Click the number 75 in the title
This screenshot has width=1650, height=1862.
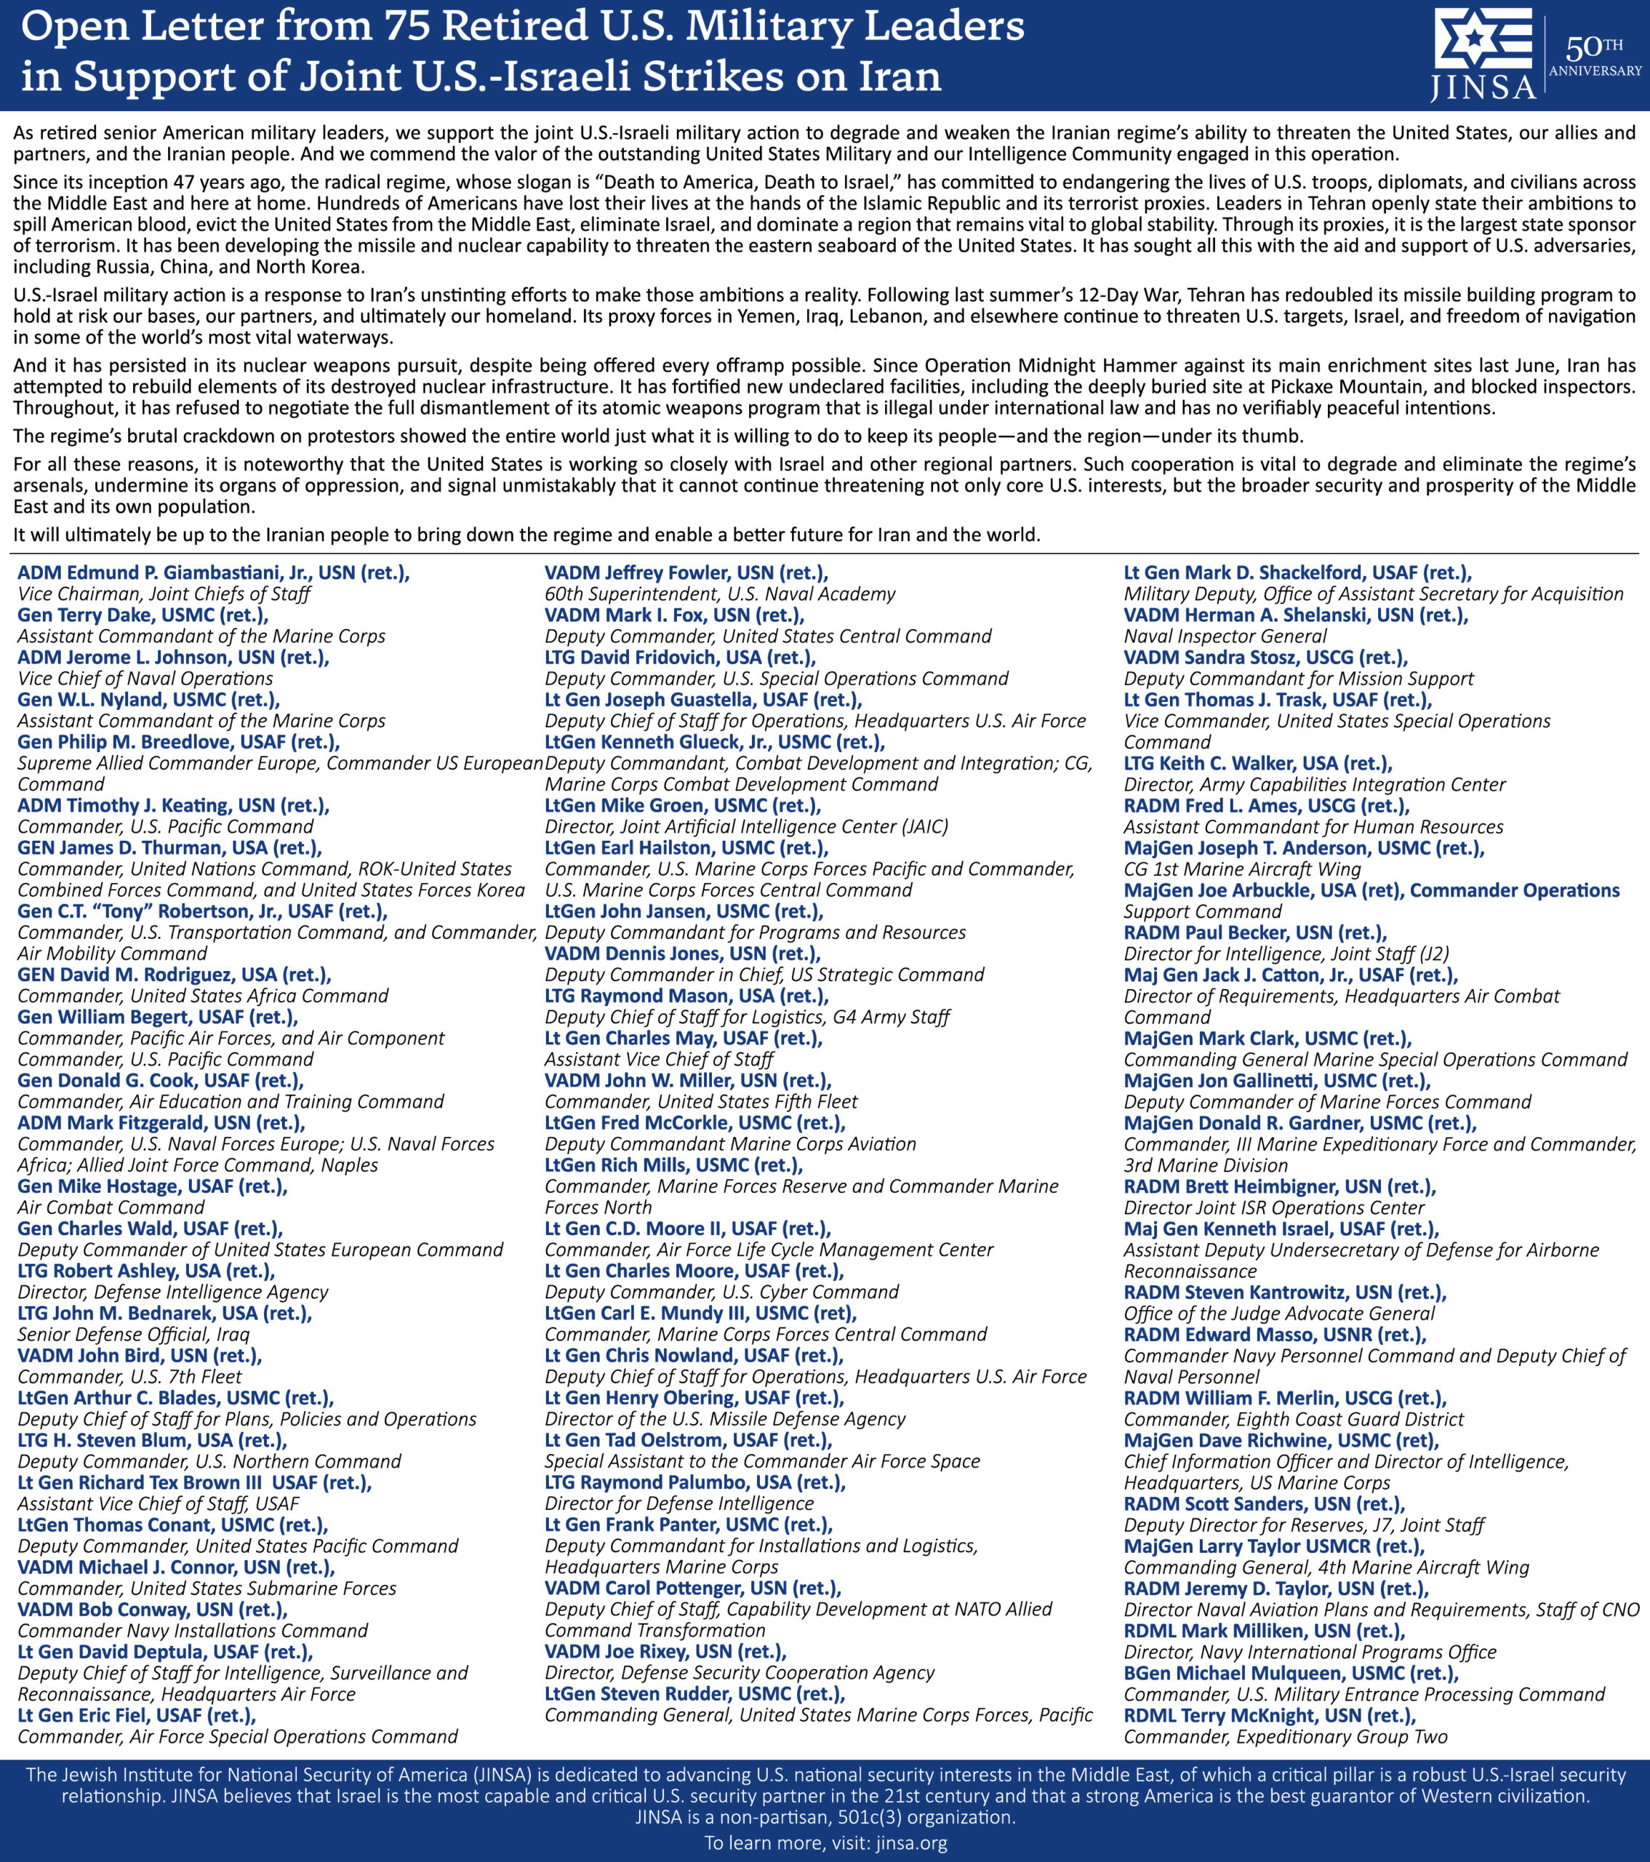[405, 25]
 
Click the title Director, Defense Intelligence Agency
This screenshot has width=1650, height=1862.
[173, 1292]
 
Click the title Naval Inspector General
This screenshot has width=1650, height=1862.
[1225, 636]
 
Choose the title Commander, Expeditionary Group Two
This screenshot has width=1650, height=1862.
[1285, 1736]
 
